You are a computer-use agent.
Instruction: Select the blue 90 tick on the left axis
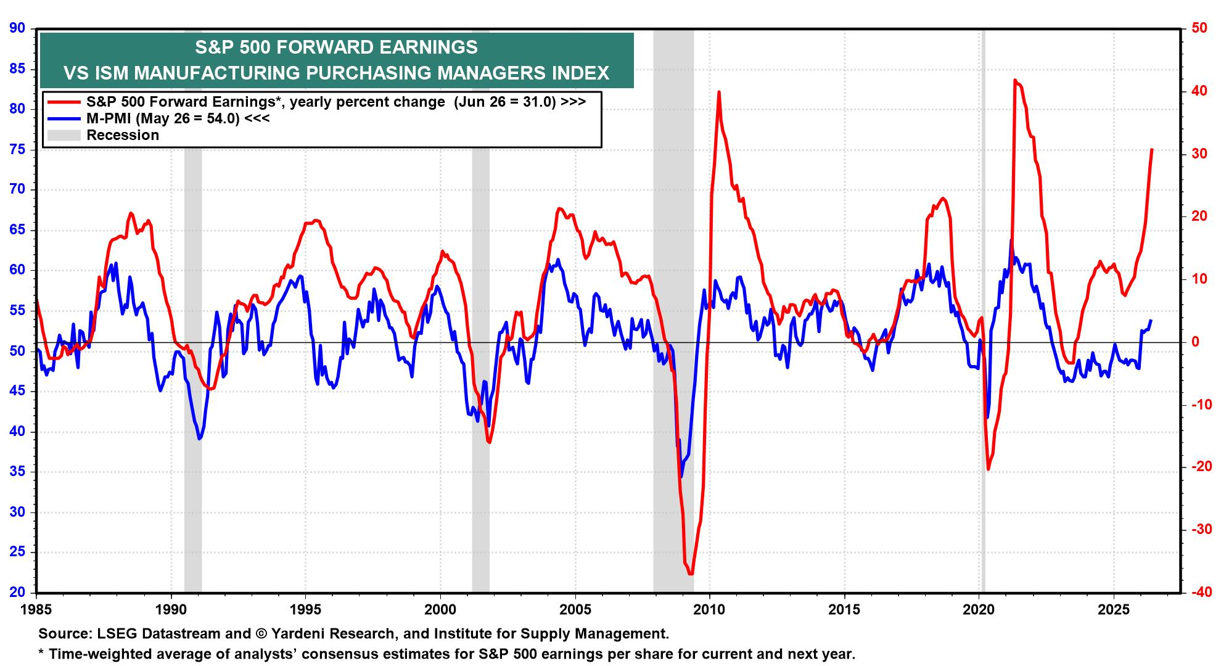[18, 28]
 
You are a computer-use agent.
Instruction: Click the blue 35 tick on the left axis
[18, 472]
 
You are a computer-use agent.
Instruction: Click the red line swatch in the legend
[64, 102]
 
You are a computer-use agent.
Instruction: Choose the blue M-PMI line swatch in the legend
[64, 118]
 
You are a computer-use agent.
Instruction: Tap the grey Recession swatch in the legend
[64, 135]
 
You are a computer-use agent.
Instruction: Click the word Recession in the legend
[123, 135]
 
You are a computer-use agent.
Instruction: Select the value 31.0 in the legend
[541, 102]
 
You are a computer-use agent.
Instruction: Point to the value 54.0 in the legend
[224, 118]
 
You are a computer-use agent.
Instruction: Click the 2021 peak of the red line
[1014, 80]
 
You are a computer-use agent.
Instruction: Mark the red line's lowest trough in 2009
[690, 574]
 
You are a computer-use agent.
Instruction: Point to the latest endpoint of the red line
[1152, 149]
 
